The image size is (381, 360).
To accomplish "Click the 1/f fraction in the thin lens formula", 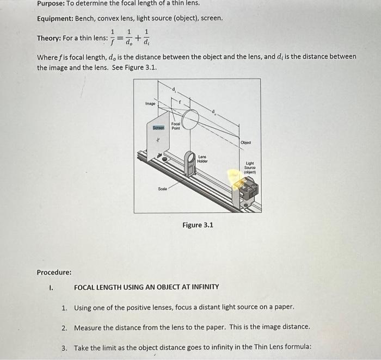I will point(113,38).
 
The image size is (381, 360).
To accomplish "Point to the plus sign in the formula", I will point(138,38).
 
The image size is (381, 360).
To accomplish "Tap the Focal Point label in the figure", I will point(176,126).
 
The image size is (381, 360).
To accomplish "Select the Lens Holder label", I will point(202,159).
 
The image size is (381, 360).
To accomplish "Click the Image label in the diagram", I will point(150,102).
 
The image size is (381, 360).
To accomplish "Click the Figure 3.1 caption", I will point(198,225).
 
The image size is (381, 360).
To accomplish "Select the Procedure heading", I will point(54,272).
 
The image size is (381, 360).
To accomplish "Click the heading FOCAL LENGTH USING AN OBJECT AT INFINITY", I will point(146,287).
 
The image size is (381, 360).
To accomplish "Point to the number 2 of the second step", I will point(64,327).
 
